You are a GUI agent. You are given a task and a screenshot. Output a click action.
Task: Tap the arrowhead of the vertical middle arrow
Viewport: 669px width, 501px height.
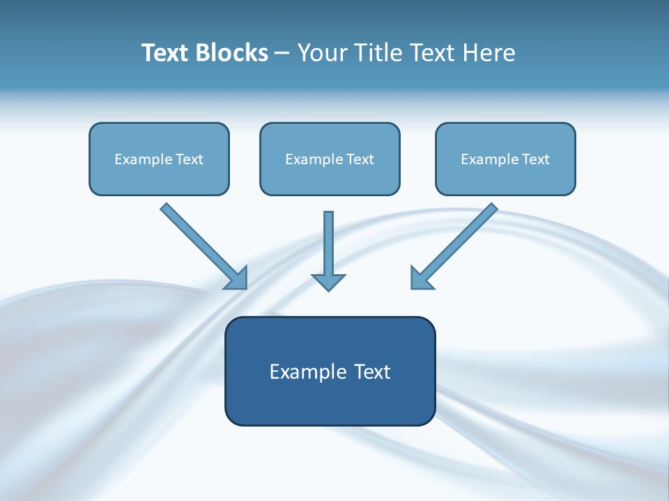[x=328, y=282]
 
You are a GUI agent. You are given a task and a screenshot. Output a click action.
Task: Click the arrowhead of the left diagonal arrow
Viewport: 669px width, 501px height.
[x=237, y=278]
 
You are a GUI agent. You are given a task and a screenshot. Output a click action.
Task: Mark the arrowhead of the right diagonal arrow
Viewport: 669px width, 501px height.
[x=421, y=278]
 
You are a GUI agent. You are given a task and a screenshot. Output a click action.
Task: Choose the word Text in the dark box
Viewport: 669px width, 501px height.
[x=372, y=372]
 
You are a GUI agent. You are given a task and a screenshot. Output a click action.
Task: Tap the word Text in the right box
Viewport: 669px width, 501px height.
[x=536, y=159]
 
